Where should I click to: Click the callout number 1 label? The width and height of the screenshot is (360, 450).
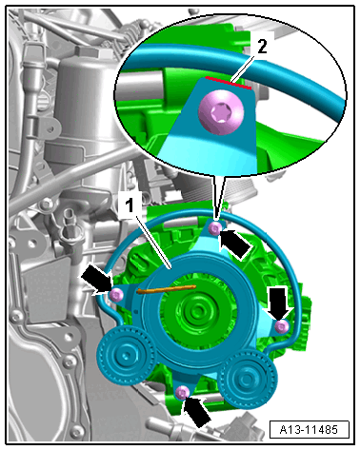click(x=130, y=205)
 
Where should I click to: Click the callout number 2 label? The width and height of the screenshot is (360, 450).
click(x=262, y=47)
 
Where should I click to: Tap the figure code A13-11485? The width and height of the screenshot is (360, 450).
click(x=309, y=430)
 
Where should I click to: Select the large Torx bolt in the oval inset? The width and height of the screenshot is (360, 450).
click(x=221, y=112)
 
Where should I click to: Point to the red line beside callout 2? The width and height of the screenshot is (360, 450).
click(x=229, y=83)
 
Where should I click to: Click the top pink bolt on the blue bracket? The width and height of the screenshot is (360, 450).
click(x=216, y=227)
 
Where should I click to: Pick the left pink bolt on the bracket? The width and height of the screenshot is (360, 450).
click(x=116, y=295)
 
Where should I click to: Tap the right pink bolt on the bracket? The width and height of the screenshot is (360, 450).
click(x=282, y=326)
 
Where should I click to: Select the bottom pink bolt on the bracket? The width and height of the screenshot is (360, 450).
click(x=182, y=393)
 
